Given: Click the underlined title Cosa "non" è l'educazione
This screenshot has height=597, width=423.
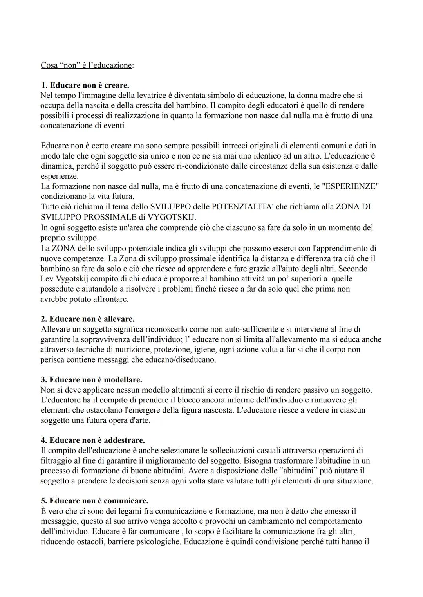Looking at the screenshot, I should point(87,65).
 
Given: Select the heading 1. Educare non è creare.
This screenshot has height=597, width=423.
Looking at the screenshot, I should point(85,85).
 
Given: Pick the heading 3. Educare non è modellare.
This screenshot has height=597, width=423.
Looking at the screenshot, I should point(91,380).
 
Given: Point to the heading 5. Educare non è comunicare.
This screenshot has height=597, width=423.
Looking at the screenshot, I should point(94,501).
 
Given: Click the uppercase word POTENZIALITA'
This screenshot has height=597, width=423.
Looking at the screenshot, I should point(242,207).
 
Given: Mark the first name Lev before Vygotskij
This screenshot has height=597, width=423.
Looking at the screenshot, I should point(47,279).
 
